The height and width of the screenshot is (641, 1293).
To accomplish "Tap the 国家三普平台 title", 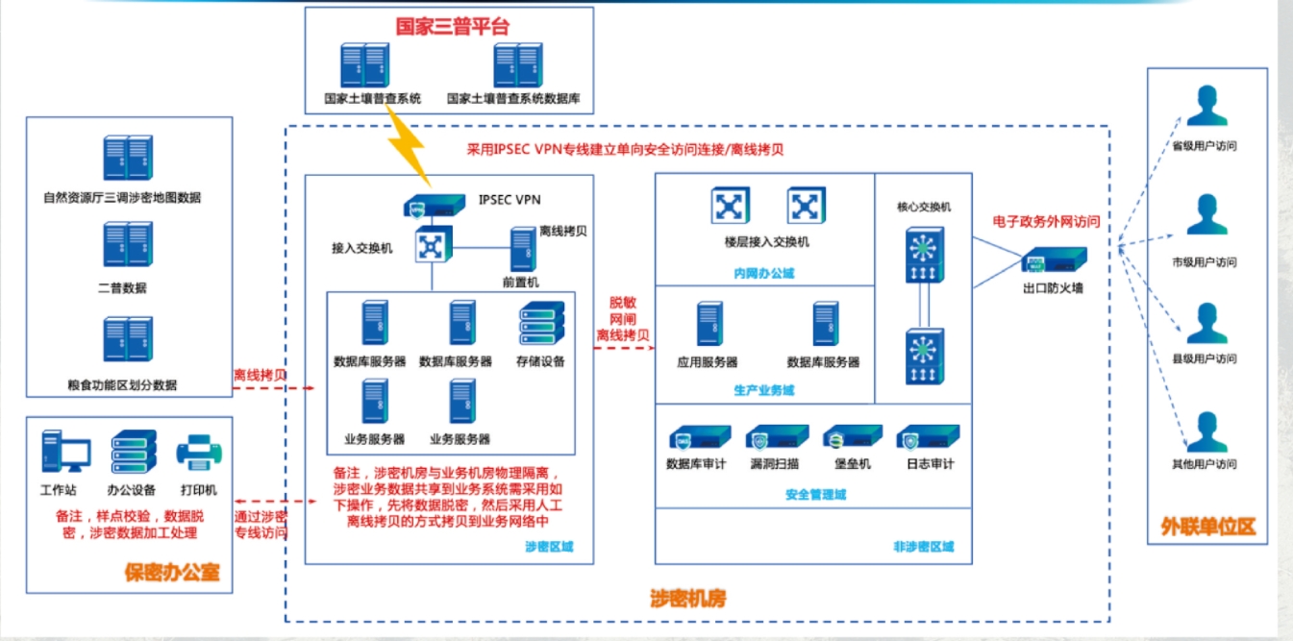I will click(452, 27).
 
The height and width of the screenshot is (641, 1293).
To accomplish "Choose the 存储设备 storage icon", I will click(540, 325).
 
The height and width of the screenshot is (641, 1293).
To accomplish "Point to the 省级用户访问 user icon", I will click(1206, 107).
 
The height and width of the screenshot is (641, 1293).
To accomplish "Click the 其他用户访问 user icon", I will click(1206, 431).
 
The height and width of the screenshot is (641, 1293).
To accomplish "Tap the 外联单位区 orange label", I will click(1207, 527).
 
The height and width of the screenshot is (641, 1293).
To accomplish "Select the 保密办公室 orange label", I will click(172, 573).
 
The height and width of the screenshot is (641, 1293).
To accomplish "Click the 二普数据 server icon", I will click(128, 244).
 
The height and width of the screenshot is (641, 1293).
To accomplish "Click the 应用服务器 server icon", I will click(709, 325).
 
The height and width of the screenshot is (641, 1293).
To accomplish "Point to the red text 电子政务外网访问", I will click(1046, 221).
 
